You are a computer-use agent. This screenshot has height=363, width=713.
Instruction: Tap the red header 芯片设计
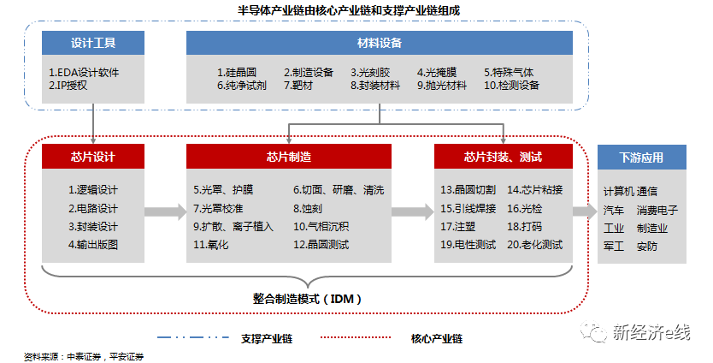pos(93,156)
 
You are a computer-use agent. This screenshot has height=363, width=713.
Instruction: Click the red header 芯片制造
pos(289,156)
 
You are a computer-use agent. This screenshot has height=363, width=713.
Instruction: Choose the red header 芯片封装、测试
pos(504,156)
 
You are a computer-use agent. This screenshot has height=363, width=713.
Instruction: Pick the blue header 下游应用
pos(641,157)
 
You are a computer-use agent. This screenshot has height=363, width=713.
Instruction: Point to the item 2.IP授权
pos(68,86)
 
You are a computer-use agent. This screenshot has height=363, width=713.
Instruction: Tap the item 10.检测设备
pos(512,86)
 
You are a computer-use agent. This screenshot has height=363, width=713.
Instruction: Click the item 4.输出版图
pos(93,245)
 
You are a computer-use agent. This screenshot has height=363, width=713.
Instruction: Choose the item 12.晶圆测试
pos(321,245)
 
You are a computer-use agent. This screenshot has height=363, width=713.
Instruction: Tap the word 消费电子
pos(657,210)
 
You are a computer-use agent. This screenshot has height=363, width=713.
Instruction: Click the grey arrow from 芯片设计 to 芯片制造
pos(164,211)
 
